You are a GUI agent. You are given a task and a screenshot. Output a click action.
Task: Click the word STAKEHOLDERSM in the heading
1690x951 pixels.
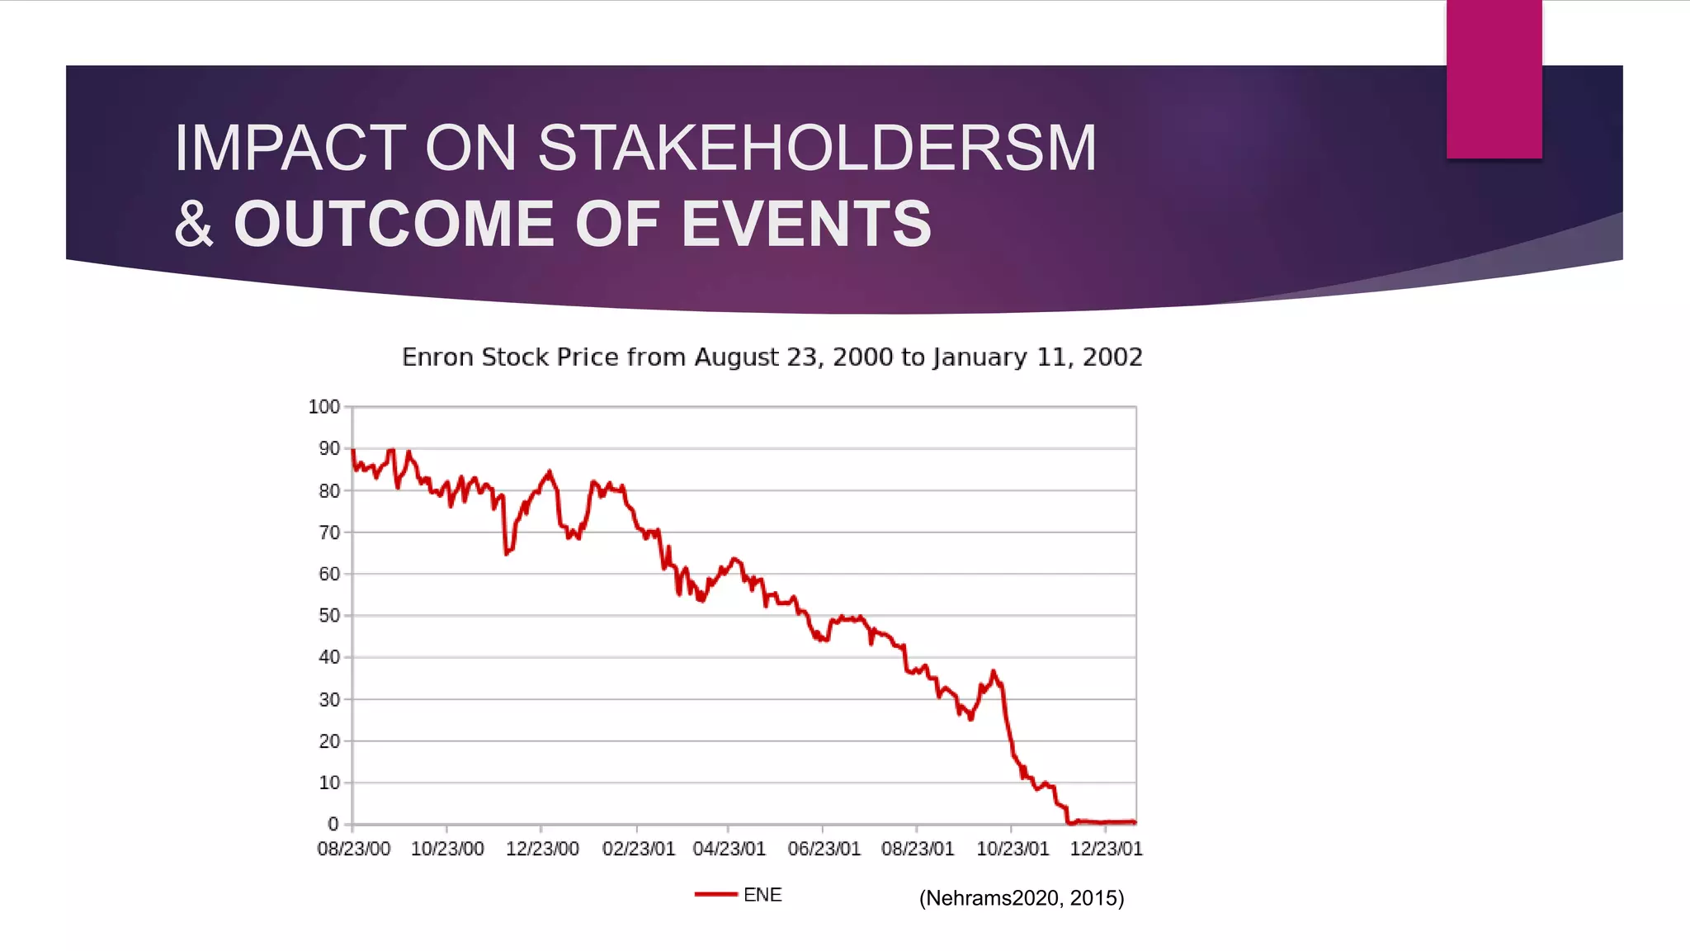point(817,149)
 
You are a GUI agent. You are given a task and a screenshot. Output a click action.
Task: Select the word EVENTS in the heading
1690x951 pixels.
point(806,225)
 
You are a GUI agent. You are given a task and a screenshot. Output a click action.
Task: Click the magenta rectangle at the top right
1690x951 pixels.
point(1494,78)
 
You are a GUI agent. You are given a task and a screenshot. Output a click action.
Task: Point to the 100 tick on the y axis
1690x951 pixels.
point(323,407)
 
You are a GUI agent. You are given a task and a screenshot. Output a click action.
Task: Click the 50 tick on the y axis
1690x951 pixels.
point(328,616)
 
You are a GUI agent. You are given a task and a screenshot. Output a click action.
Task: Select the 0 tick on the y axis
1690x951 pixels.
point(333,824)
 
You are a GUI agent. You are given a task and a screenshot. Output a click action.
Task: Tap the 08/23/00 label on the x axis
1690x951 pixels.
point(353,849)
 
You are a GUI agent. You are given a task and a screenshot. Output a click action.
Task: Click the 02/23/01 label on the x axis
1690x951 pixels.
point(638,849)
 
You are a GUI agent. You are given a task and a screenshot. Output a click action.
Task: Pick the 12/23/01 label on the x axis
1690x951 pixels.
point(1106,849)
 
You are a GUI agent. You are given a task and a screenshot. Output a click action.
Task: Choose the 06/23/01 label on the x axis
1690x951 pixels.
point(824,849)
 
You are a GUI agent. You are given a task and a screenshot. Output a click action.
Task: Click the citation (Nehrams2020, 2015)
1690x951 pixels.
point(1022,898)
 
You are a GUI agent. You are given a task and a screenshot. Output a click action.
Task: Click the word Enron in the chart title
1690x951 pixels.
point(437,357)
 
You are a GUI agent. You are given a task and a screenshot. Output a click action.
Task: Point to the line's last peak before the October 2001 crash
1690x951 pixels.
point(993,672)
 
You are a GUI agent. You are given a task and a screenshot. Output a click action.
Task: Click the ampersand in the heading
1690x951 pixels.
point(195,225)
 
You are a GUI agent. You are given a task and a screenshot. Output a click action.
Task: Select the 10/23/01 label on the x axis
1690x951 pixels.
point(1013,849)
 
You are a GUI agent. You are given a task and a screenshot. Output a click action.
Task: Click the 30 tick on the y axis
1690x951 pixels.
point(328,699)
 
